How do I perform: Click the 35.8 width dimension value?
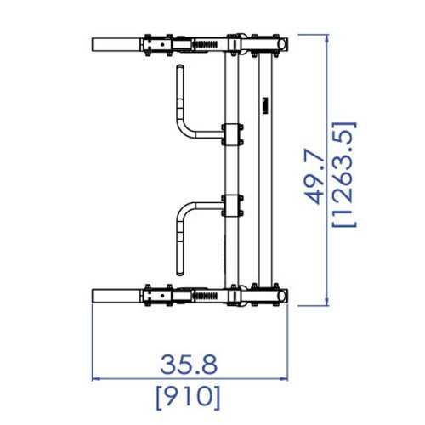pyautogui.click(x=189, y=365)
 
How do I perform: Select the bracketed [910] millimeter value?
pyautogui.click(x=188, y=398)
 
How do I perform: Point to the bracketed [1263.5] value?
pyautogui.click(x=344, y=174)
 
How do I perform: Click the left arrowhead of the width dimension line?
pyautogui.click(x=96, y=378)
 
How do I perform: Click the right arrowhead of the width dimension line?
pyautogui.click(x=284, y=378)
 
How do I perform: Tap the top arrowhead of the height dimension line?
pyautogui.click(x=327, y=38)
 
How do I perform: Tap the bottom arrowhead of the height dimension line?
pyautogui.click(x=327, y=302)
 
